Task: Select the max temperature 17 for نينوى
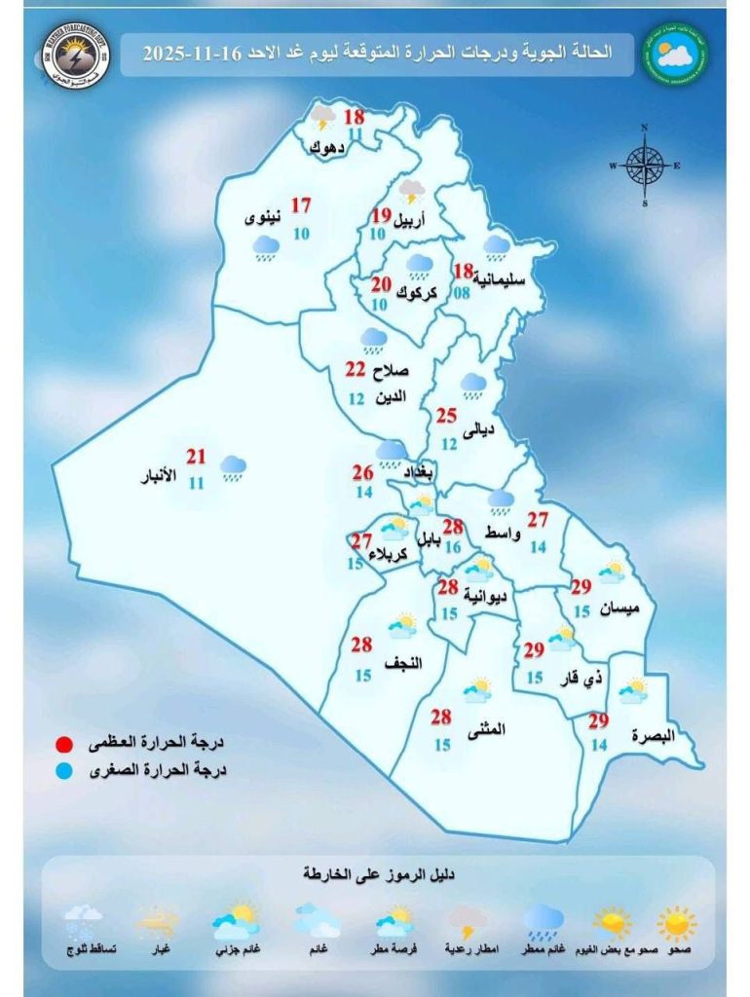pyautogui.click(x=301, y=205)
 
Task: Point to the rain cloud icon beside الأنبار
pyautogui.click(x=233, y=468)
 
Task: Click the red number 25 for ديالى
pyautogui.click(x=446, y=417)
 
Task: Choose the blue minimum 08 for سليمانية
pyautogui.click(x=463, y=290)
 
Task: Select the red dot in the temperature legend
pyautogui.click(x=65, y=746)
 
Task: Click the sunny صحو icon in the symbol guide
pyautogui.click(x=676, y=921)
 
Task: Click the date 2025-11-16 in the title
pyautogui.click(x=191, y=54)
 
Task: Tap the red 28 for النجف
pyautogui.click(x=361, y=645)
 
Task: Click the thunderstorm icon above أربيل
pyautogui.click(x=413, y=190)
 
